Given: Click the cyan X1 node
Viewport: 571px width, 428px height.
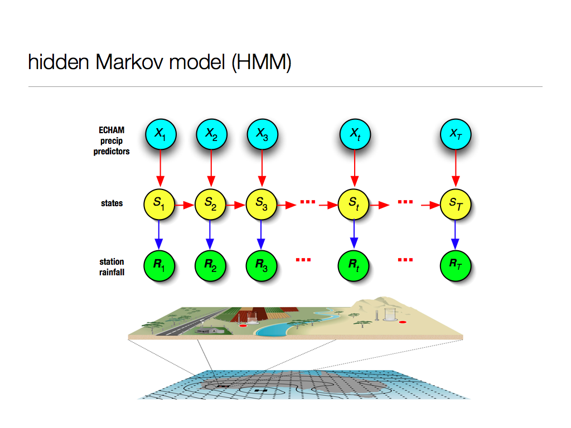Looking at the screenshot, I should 160,134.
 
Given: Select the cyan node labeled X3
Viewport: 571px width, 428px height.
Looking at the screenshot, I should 262,134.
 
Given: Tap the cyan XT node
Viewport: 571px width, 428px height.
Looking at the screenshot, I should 456,134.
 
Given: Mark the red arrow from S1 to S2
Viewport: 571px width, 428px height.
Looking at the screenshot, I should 185,205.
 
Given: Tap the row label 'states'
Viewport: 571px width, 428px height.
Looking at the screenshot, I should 112,203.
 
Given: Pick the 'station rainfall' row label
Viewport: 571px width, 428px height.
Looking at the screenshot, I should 112,266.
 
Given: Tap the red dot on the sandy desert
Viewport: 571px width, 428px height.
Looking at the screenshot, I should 403,322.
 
